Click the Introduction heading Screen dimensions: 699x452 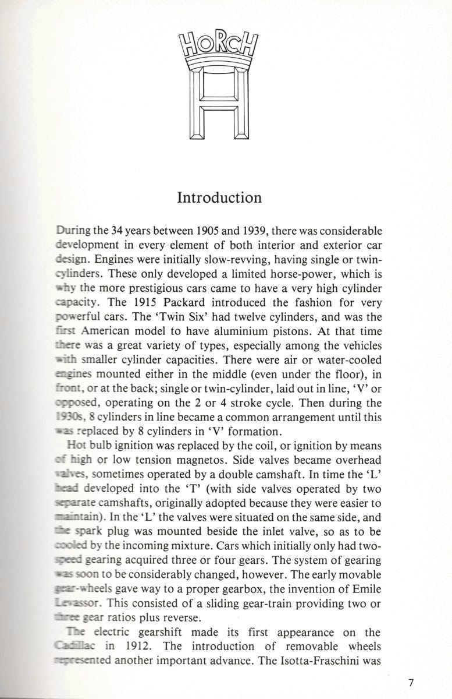(219, 197)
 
